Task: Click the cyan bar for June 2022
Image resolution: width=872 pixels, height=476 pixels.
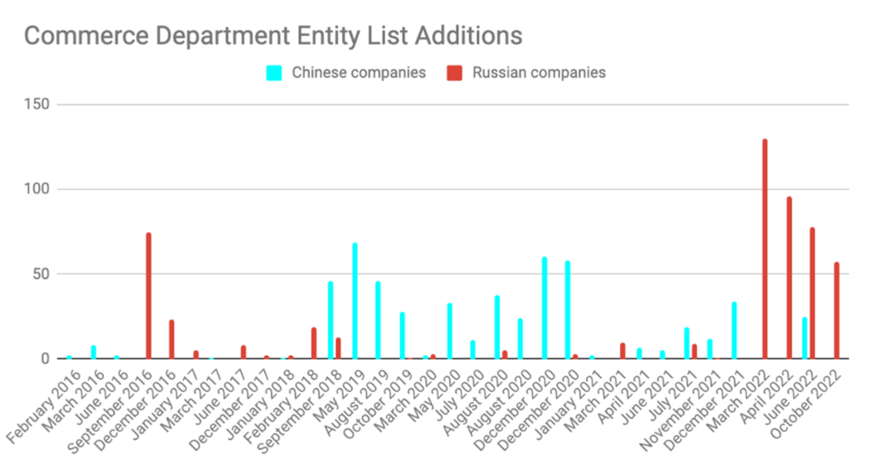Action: (805, 338)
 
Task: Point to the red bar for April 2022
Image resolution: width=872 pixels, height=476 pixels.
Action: (789, 278)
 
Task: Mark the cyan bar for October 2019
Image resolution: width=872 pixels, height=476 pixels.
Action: (402, 335)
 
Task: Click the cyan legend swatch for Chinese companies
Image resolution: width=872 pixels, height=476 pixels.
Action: (274, 73)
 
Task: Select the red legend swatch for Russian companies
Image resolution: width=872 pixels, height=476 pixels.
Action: (454, 73)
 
